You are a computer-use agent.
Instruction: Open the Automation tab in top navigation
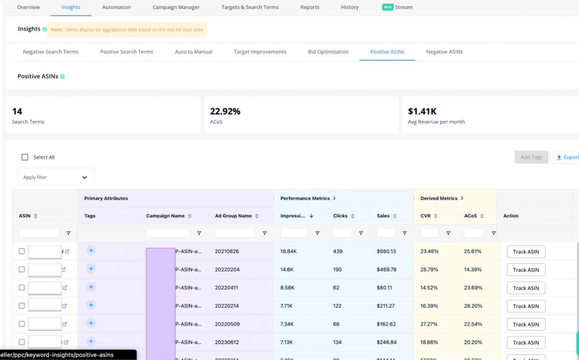tap(116, 7)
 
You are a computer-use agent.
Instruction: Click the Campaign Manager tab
tap(176, 7)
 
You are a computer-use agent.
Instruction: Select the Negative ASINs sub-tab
tap(444, 52)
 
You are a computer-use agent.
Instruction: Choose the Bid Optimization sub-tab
tap(328, 52)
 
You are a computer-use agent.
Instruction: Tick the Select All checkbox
tap(25, 157)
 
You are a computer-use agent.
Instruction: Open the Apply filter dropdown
tap(56, 177)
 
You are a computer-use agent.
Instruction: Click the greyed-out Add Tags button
tap(531, 157)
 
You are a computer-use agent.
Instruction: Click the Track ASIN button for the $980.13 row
tap(525, 252)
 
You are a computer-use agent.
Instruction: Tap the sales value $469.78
tap(386, 270)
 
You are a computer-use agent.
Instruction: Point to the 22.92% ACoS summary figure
tap(225, 112)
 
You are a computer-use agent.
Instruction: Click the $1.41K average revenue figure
tap(422, 112)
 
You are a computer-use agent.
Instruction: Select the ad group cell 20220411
tap(227, 288)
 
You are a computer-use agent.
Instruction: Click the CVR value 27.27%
tap(429, 324)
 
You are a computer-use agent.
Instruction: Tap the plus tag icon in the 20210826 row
tap(91, 251)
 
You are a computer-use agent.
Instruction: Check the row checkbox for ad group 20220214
tap(22, 306)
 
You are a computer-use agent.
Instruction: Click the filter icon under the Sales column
tap(404, 233)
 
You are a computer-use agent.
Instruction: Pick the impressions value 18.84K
tap(288, 251)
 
